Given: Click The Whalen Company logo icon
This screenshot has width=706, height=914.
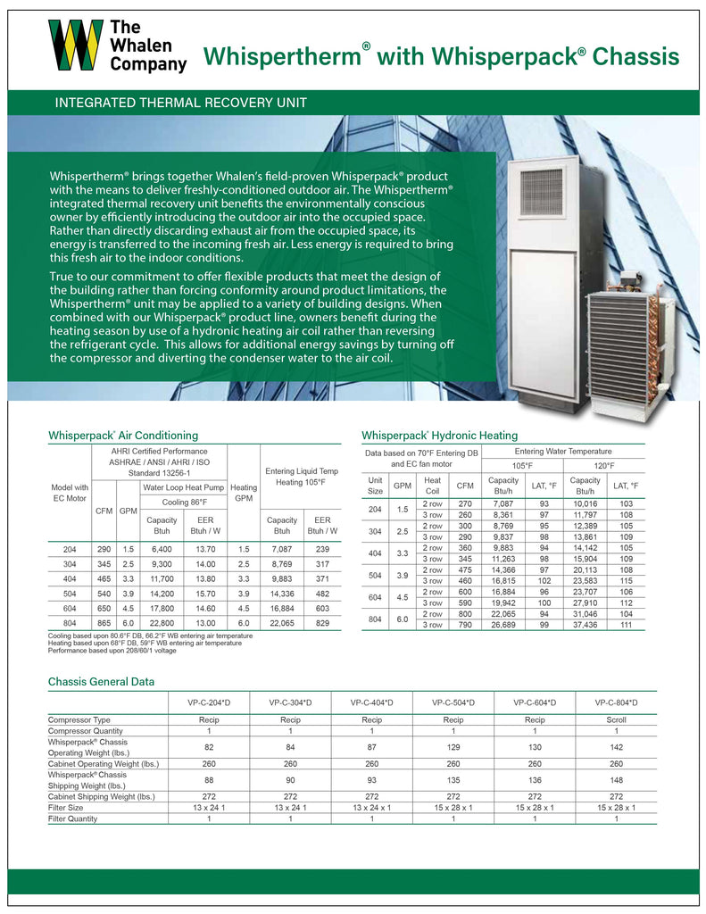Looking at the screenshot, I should [x=75, y=45].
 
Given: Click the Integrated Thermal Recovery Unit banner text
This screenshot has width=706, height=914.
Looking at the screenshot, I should [x=181, y=103].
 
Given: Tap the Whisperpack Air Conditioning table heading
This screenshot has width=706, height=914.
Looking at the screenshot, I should [x=123, y=436].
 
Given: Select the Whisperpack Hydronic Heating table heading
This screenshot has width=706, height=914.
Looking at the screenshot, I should [x=439, y=436].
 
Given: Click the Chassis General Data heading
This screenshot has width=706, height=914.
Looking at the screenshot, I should [x=101, y=682].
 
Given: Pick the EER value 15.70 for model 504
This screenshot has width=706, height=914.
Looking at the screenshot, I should [x=205, y=592].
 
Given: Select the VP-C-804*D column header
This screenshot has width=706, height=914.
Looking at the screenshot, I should [x=615, y=703].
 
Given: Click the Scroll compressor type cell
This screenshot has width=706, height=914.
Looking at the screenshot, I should [x=615, y=719].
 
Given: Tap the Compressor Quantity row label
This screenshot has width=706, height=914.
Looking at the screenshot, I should [x=86, y=731].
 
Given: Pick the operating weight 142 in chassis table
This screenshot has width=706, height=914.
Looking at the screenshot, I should [x=615, y=746].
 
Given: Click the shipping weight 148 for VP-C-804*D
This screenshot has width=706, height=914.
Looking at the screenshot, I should [x=615, y=777].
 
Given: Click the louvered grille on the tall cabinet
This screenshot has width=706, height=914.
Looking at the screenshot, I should [x=541, y=193].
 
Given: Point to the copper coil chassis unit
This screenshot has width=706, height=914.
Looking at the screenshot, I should [x=628, y=344].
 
